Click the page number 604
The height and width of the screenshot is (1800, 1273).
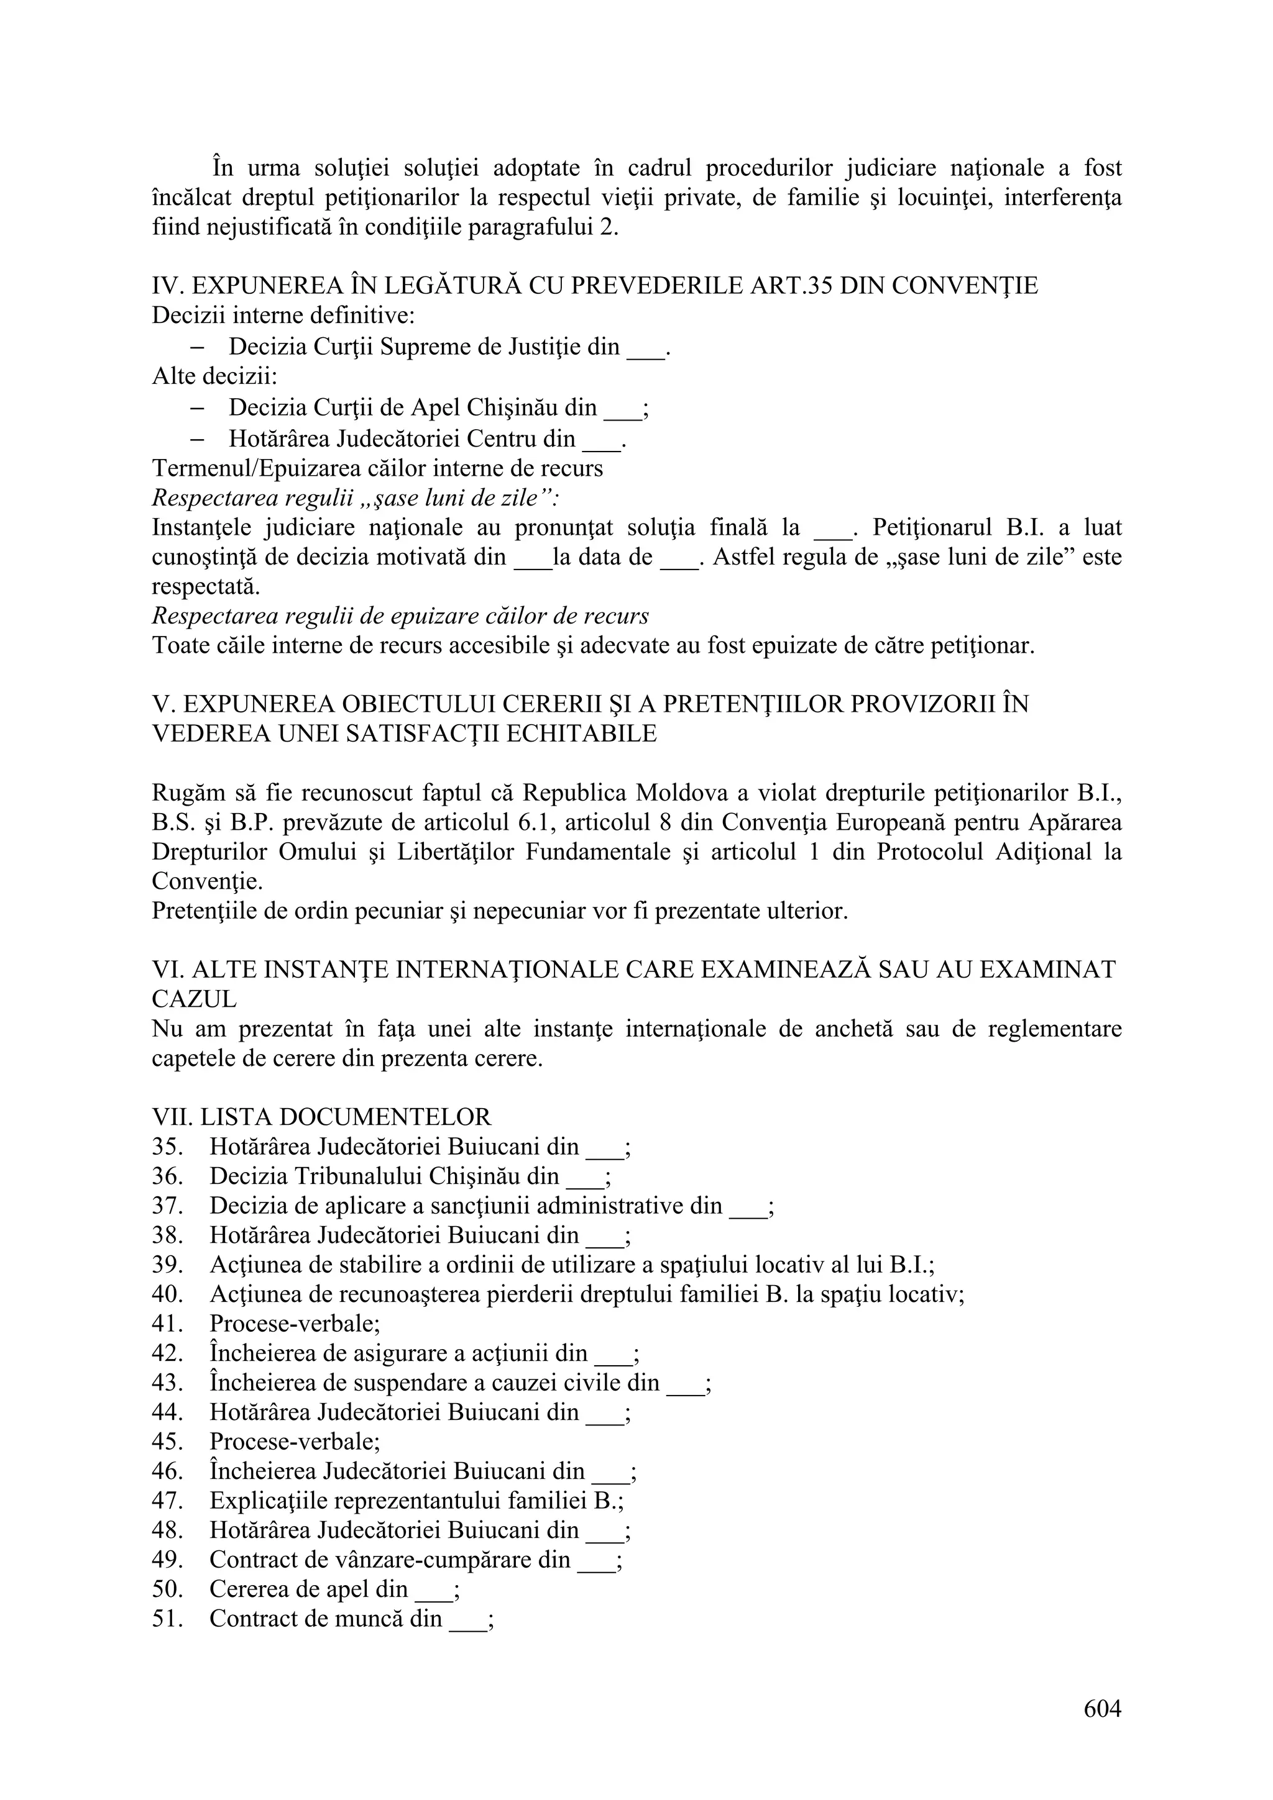(x=1102, y=1708)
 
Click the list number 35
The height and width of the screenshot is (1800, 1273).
(x=167, y=1147)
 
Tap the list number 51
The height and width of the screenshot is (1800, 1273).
(x=167, y=1618)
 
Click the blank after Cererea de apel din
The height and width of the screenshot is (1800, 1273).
(x=434, y=1590)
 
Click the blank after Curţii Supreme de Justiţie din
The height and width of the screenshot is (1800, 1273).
(x=646, y=347)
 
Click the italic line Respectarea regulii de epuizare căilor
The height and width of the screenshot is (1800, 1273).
(x=400, y=616)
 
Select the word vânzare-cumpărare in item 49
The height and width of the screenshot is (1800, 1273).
(x=443, y=1560)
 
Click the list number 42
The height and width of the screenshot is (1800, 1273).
(x=167, y=1353)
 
